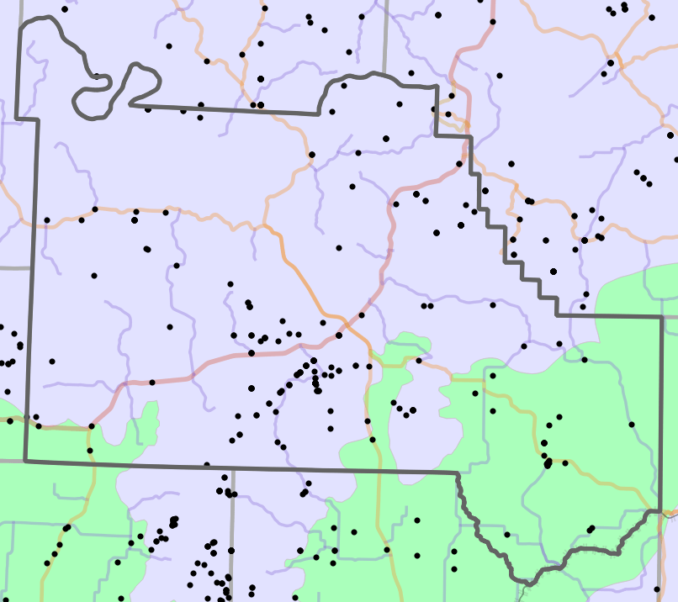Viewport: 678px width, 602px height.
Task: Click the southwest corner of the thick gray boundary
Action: pos(25,461)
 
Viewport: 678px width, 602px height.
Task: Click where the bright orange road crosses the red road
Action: pos(343,320)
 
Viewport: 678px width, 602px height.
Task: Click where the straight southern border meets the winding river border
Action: pos(457,473)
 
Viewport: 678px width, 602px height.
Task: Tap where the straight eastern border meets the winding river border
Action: pos(661,510)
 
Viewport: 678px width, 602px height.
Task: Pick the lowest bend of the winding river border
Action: pos(528,582)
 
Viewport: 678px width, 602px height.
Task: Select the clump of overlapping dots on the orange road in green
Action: pos(548,462)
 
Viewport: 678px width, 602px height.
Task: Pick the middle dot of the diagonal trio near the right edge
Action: pos(644,178)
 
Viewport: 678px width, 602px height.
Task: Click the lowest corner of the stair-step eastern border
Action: pos(557,316)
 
